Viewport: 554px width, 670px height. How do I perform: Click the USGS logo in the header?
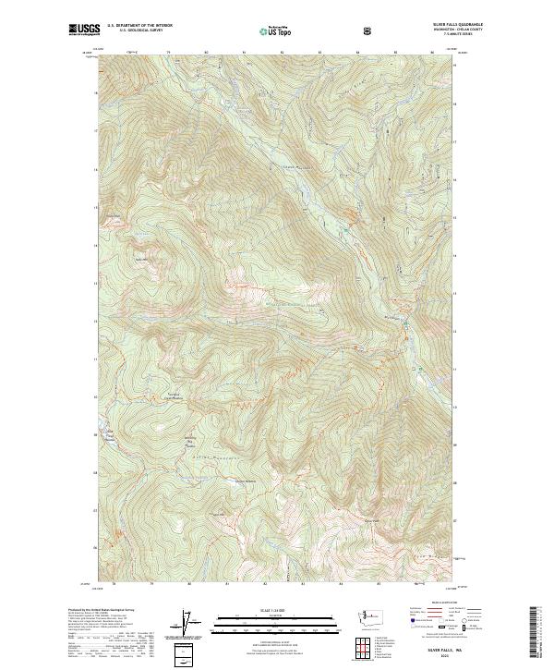tap(84, 30)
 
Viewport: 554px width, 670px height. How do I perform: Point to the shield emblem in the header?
tap(369, 30)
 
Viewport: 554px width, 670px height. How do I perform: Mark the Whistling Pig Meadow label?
tap(193, 439)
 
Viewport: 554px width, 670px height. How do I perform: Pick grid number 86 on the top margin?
tap(431, 53)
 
